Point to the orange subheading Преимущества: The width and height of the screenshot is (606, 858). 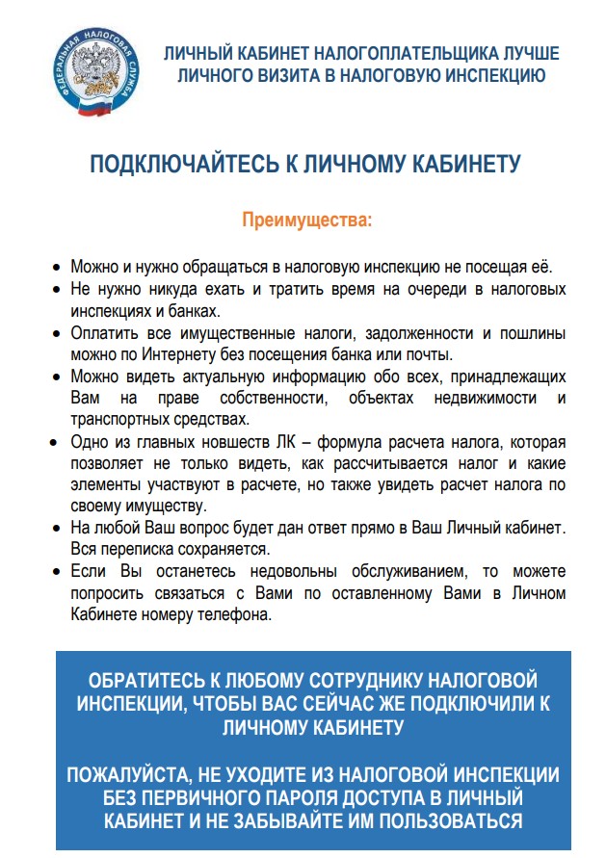(x=305, y=221)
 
